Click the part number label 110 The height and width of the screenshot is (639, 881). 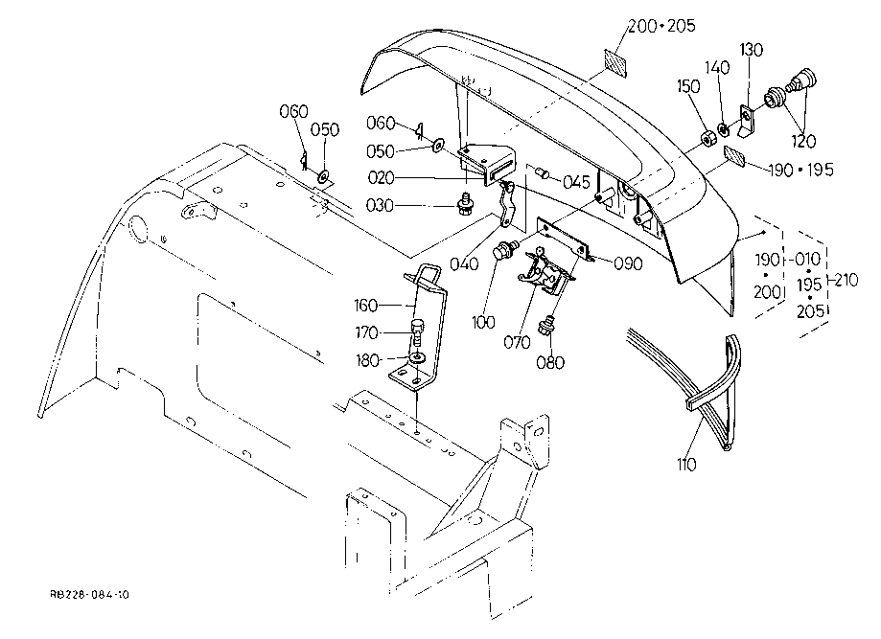[686, 465]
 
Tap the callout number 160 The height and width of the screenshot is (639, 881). [366, 306]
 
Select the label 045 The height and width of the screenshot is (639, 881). [576, 182]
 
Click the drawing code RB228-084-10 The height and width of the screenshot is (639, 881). [90, 595]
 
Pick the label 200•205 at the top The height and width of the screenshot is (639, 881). [661, 26]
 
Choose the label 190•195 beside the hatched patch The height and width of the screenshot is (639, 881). [800, 170]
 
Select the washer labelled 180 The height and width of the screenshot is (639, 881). [417, 357]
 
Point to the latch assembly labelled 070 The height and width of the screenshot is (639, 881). [544, 272]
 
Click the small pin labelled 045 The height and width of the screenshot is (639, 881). [542, 171]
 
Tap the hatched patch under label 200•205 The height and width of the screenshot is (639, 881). [615, 61]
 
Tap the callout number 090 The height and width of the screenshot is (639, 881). [628, 263]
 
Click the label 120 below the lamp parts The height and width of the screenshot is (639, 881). [803, 142]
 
